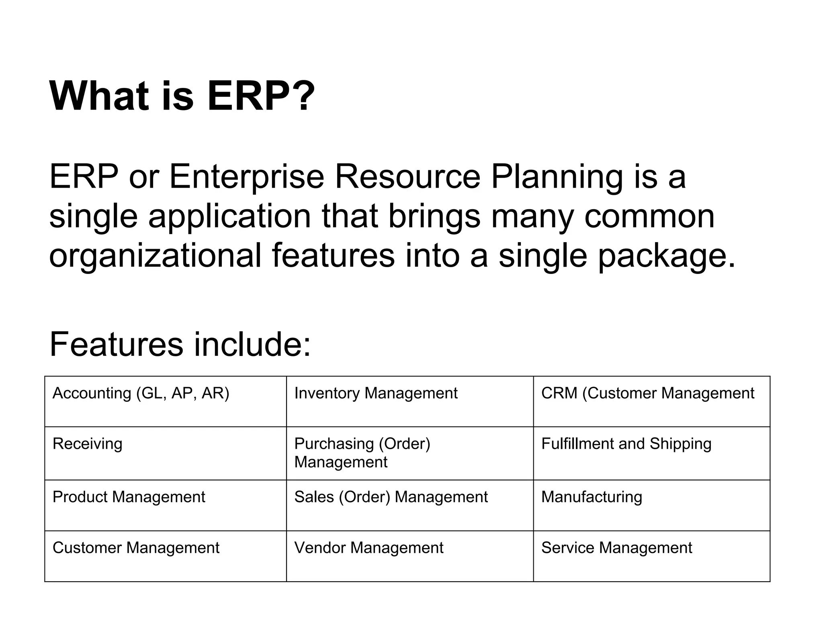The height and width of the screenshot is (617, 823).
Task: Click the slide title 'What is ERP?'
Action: click(x=182, y=96)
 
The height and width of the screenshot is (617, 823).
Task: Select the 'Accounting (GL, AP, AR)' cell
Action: click(x=141, y=393)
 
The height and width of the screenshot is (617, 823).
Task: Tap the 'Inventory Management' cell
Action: click(x=376, y=393)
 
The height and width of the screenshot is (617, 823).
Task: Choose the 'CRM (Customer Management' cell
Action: click(x=647, y=393)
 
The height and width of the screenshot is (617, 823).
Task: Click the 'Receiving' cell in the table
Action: click(x=87, y=444)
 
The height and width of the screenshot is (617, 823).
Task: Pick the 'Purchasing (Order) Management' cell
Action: click(x=362, y=453)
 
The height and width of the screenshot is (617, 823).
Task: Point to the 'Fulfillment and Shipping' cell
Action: click(x=626, y=444)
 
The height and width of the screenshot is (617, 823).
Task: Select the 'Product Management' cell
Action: click(x=129, y=497)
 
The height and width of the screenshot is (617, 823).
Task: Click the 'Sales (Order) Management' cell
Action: click(x=391, y=497)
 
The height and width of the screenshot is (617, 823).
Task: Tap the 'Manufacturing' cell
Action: click(x=592, y=497)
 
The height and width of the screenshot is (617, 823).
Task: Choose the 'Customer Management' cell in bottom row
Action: click(x=136, y=548)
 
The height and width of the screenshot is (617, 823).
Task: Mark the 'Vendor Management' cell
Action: click(x=369, y=548)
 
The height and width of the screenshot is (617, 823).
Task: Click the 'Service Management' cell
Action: click(x=616, y=548)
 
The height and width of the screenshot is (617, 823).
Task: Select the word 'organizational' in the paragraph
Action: click(x=155, y=256)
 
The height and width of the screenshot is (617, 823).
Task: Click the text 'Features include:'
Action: click(x=180, y=344)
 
